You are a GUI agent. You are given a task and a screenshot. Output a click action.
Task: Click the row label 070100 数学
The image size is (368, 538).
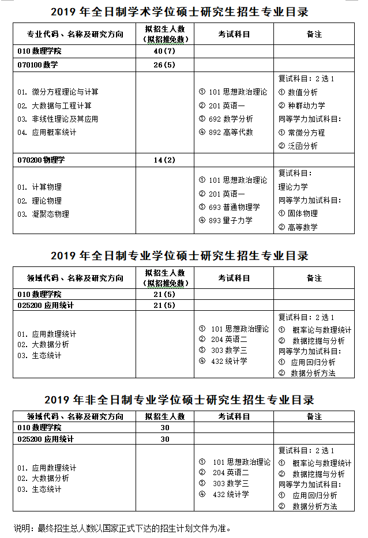click(38, 65)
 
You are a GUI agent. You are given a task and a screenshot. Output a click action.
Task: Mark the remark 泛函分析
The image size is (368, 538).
click(298, 146)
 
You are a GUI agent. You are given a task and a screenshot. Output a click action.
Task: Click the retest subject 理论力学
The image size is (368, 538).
click(294, 187)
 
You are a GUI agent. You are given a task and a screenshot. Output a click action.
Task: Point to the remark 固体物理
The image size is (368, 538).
click(298, 213)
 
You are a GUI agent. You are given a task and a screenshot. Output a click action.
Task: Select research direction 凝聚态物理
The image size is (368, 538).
click(43, 214)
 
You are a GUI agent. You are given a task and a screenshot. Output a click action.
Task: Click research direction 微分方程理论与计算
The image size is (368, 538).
click(58, 92)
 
